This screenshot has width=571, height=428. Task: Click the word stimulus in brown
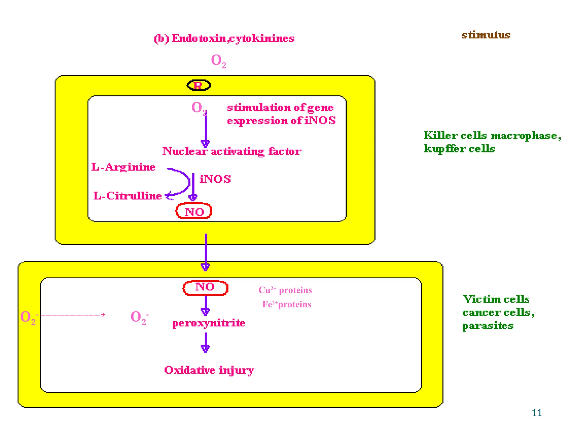pos(486,35)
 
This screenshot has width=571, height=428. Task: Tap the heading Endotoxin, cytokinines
pos(224,38)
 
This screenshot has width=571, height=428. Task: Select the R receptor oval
pos(199,85)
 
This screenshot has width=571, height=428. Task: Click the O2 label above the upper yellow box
pos(218,60)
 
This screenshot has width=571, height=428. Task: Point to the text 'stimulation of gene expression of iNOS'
pos(281,114)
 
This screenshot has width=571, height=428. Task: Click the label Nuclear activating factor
pos(232,151)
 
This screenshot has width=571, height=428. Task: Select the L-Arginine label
pos(124,167)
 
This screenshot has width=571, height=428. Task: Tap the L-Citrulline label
pos(127,196)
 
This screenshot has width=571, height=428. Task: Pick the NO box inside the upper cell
pos(194,211)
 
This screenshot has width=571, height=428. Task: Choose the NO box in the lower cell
pos(205,288)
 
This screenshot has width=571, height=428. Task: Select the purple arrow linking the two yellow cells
pos(205,251)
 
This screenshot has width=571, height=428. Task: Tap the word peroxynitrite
pos(209,323)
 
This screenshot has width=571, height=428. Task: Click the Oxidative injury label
pos(209,370)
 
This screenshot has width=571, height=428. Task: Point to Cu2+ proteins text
pos(285,290)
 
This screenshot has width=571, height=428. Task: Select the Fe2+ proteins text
pos(286,304)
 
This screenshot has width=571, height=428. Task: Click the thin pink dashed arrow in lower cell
pos(72,315)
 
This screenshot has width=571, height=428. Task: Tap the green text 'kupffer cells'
pos(459,149)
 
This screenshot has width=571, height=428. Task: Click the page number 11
pos(536,413)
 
